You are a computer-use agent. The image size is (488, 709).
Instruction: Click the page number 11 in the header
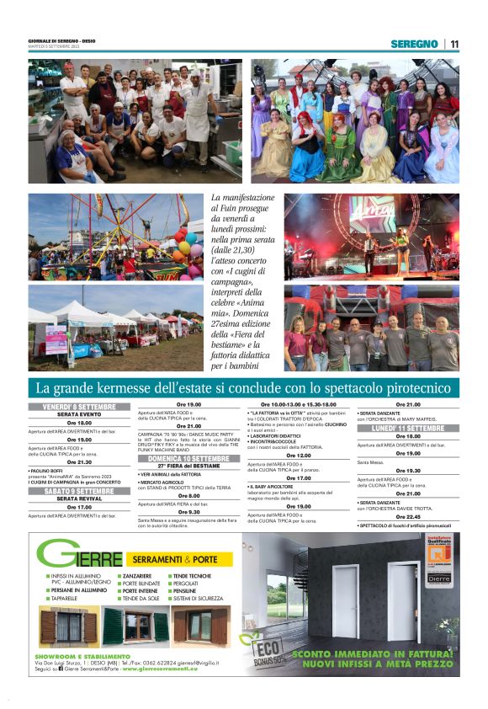coord(454,44)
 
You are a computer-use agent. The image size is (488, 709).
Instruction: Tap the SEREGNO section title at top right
coord(414,44)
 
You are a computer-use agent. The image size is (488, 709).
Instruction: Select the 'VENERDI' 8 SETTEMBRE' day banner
coord(80,407)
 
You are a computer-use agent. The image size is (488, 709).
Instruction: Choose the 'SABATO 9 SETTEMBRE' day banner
coord(80,490)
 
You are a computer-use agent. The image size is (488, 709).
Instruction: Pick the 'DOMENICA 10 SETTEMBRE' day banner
coord(188,458)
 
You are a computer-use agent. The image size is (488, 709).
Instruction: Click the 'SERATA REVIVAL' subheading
coord(80,498)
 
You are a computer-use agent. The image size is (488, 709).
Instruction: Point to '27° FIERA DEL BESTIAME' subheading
coord(188,466)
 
